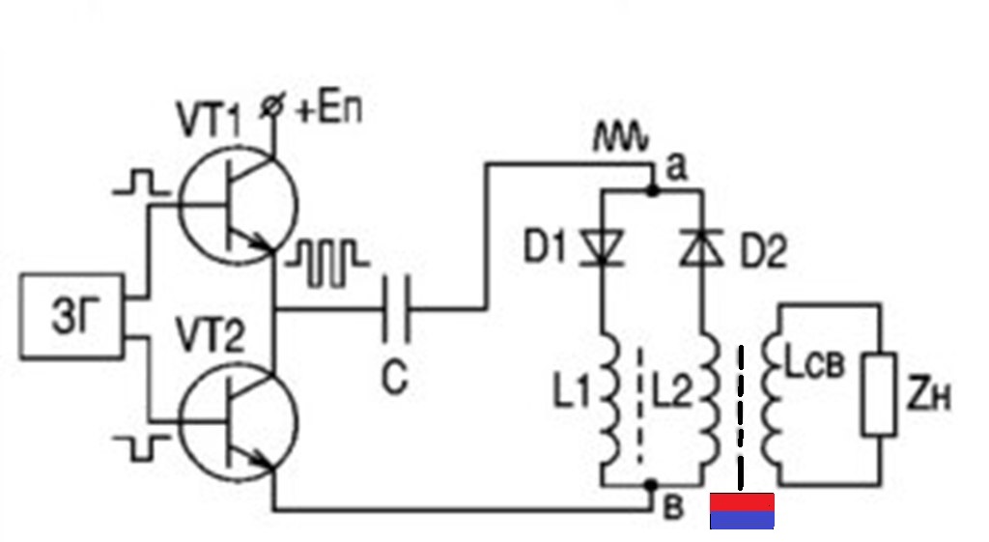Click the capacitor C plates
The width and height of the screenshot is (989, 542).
[396, 309]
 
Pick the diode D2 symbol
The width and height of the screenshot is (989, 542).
[702, 246]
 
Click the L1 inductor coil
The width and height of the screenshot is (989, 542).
[610, 401]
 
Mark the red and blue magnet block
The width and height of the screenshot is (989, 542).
[742, 511]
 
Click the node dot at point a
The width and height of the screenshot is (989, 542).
[653, 189]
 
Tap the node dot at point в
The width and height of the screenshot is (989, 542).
[653, 485]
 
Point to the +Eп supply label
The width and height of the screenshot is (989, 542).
[328, 109]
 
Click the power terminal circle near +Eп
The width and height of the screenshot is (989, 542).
[272, 106]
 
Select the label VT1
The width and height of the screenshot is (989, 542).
[209, 119]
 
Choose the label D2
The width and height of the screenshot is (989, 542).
[764, 251]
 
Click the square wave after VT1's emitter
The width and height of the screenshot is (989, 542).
[326, 263]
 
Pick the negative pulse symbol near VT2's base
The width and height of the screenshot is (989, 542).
[141, 446]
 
